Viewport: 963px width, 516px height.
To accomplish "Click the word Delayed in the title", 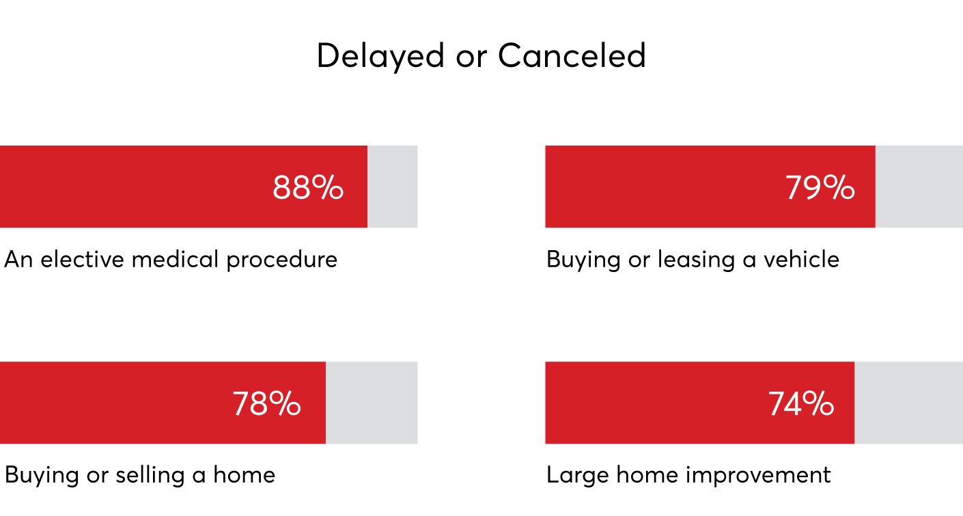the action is pyautogui.click(x=380, y=57).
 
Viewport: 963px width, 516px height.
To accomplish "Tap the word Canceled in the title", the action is pyautogui.click(x=572, y=55).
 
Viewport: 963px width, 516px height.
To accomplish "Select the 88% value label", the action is pyautogui.click(x=308, y=188).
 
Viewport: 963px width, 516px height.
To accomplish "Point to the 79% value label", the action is pyautogui.click(x=820, y=188).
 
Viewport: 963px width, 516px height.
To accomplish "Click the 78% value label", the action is pyautogui.click(x=266, y=404).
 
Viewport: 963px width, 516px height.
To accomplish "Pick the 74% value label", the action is pyautogui.click(x=801, y=404).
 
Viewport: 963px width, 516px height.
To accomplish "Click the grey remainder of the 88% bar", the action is pyautogui.click(x=393, y=187).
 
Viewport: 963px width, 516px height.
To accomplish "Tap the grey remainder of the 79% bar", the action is pyautogui.click(x=919, y=187).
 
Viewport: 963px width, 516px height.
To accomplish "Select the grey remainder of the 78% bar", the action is pyautogui.click(x=372, y=403).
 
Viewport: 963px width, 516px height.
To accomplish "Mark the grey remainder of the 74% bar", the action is pyautogui.click(x=909, y=403).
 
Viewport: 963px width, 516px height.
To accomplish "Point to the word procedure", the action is pyautogui.click(x=282, y=260).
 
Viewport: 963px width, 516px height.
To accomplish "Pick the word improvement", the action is pyautogui.click(x=758, y=476).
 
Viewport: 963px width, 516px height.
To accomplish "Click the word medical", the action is pyautogui.click(x=175, y=259).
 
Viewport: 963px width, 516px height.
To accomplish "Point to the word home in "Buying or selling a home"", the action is pyautogui.click(x=244, y=475).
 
